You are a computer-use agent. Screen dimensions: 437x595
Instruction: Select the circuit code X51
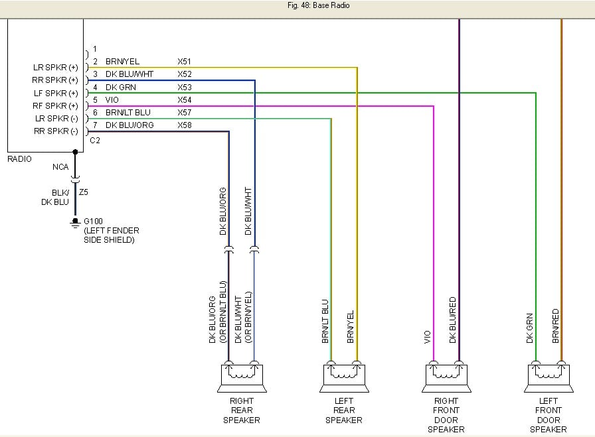click(185, 62)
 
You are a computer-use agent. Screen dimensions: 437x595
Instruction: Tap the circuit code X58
click(185, 125)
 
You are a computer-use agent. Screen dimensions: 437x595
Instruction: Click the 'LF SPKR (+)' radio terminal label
click(55, 94)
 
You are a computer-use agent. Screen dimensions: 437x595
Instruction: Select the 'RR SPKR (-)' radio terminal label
click(55, 131)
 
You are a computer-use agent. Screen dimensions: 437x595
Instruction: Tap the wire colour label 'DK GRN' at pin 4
click(120, 88)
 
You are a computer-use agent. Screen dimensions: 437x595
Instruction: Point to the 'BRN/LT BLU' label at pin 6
click(127, 113)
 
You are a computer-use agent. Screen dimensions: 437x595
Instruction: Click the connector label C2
click(95, 141)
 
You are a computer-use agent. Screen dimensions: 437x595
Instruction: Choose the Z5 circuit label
click(83, 192)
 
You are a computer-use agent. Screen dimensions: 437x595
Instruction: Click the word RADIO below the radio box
click(19, 159)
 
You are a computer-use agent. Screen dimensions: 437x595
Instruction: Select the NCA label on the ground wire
click(60, 168)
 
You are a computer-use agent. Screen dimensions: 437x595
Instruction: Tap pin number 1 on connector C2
click(95, 49)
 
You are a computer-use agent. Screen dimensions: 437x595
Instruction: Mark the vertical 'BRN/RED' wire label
click(556, 325)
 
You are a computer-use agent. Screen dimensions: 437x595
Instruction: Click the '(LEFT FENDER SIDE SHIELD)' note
click(112, 235)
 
